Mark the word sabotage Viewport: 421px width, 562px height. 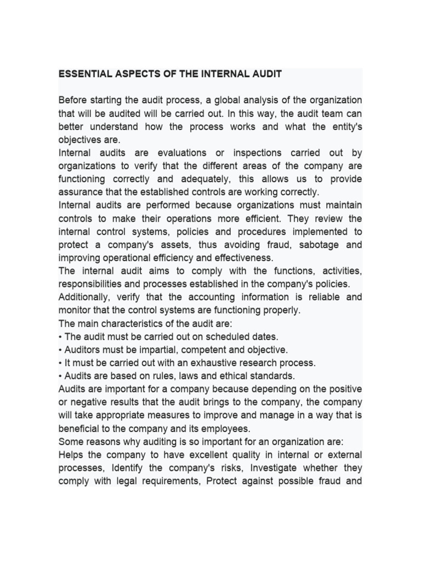tap(312, 245)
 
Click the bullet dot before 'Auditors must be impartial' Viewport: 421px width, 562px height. tap(61, 350)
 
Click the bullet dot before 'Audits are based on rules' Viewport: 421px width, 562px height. tap(61, 376)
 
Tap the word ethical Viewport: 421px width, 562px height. tap(236, 376)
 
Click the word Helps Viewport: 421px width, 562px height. tap(71, 455)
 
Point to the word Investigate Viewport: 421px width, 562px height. tap(287, 468)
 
